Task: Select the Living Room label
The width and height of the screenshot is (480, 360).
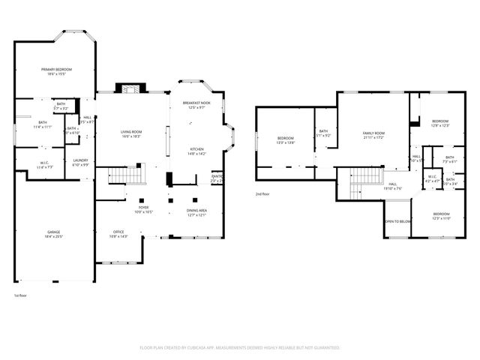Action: click(x=132, y=134)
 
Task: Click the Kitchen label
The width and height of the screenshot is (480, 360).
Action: click(x=196, y=151)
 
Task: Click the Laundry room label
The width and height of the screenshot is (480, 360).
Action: click(x=80, y=162)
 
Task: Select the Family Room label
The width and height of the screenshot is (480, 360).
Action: click(x=373, y=135)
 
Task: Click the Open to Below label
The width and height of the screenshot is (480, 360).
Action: click(x=397, y=222)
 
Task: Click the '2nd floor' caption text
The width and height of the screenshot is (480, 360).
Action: click(x=263, y=193)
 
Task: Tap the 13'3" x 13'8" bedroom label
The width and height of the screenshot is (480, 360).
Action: click(x=286, y=140)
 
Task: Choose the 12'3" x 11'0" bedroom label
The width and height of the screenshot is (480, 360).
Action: click(x=441, y=216)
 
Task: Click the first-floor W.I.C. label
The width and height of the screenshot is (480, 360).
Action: click(x=45, y=165)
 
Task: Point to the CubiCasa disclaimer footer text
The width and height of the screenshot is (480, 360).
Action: click(x=240, y=348)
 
